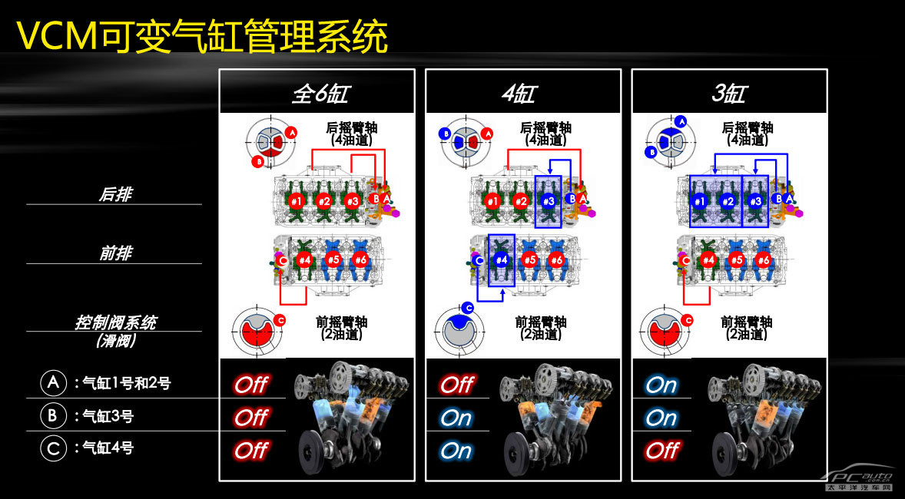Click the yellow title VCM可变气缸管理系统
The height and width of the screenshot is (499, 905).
click(x=201, y=36)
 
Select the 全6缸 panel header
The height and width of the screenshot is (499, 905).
click(x=319, y=94)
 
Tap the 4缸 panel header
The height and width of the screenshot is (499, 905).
click(x=518, y=94)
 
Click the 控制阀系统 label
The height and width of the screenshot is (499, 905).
click(x=115, y=322)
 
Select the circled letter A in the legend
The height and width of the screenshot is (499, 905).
click(x=53, y=383)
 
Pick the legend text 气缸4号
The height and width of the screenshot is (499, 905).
click(x=108, y=448)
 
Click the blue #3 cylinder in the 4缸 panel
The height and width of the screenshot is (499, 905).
click(x=549, y=201)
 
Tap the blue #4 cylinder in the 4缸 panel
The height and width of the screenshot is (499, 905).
click(x=501, y=260)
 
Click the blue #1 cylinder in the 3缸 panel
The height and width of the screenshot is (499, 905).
click(x=700, y=201)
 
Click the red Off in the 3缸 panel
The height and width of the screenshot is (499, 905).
click(x=661, y=450)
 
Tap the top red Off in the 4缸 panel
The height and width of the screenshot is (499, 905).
click(x=456, y=384)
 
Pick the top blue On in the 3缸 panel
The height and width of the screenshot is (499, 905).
click(x=661, y=384)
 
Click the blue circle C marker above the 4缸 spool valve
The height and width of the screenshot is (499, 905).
click(x=468, y=308)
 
